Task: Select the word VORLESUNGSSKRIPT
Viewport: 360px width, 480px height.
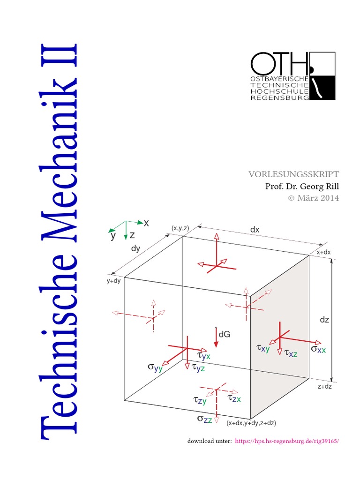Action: coord(293,174)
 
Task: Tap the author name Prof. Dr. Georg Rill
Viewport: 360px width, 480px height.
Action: coord(302,186)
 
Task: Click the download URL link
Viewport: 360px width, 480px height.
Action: coord(286,441)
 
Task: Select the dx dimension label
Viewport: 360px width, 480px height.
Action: coord(255,230)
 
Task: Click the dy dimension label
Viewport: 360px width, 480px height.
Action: coord(135,249)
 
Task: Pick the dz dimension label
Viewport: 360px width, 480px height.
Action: coord(324,320)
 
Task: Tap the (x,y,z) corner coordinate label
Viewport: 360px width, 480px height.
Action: coord(180,228)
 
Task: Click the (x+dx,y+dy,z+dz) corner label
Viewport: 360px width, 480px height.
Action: coord(251,423)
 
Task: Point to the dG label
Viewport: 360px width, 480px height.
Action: coord(225,335)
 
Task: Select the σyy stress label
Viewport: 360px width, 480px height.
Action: coord(155,367)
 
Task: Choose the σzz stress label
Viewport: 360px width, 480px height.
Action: coord(204,419)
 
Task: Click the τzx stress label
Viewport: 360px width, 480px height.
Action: coord(234,398)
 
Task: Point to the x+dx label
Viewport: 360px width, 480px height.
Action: coord(323,252)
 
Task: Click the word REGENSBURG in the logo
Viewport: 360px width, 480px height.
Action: coord(280,98)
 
